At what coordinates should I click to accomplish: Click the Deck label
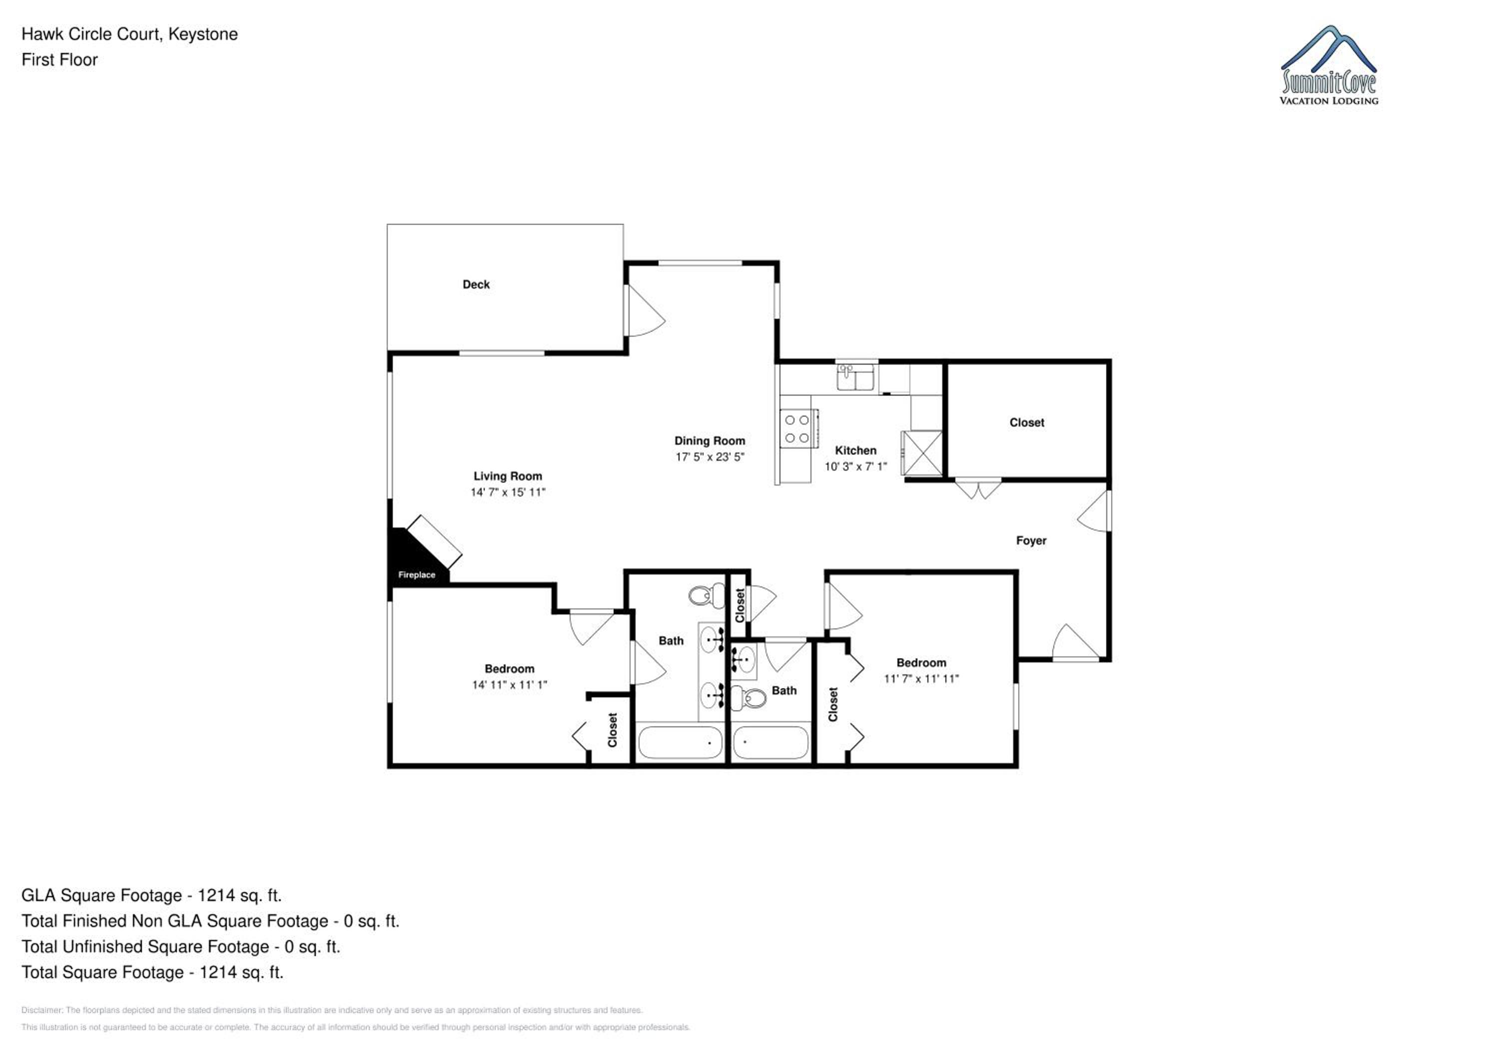click(x=476, y=285)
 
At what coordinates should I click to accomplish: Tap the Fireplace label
click(x=417, y=575)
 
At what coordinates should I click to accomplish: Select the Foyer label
click(x=1031, y=540)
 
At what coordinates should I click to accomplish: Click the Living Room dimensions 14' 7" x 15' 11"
click(x=508, y=492)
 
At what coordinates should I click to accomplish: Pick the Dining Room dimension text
click(x=710, y=457)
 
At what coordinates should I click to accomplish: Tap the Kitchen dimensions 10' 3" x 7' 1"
click(x=855, y=467)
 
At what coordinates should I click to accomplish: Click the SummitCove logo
click(x=1329, y=65)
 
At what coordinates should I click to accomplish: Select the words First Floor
click(x=59, y=60)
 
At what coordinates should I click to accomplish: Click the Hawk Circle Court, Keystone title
click(x=129, y=34)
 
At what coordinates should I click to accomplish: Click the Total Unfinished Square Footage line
click(x=181, y=947)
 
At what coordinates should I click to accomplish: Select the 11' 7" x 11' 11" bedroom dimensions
click(x=921, y=679)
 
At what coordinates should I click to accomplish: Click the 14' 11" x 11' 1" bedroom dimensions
click(x=509, y=685)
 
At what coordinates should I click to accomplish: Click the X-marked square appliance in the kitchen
click(x=922, y=453)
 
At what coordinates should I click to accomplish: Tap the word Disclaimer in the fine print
click(x=42, y=1011)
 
